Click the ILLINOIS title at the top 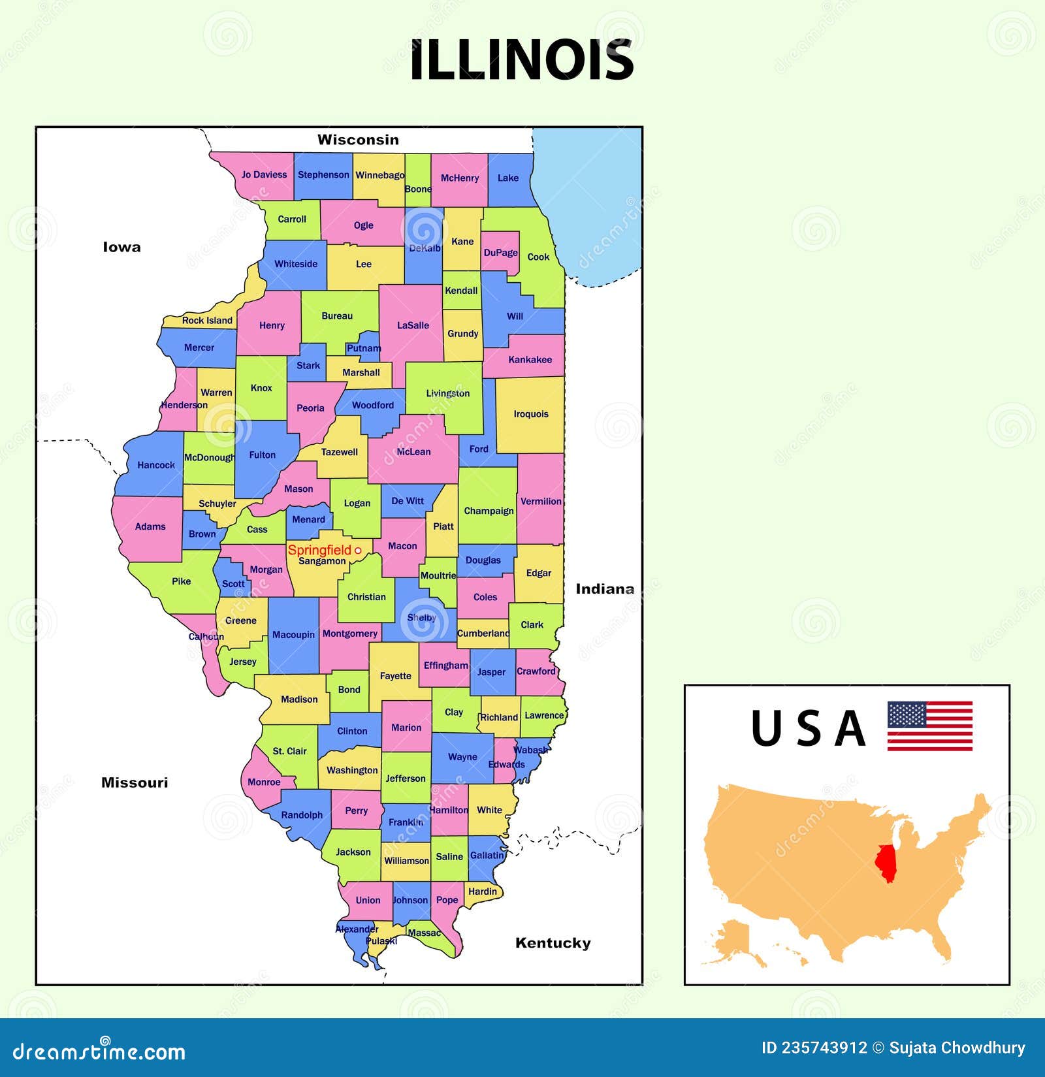(x=522, y=60)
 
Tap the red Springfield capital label (x=319, y=550)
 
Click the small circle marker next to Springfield (x=358, y=551)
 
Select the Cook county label (x=538, y=257)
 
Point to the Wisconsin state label (x=358, y=140)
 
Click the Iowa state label (x=121, y=247)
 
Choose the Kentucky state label (x=553, y=942)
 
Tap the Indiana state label (x=604, y=589)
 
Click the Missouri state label (x=135, y=782)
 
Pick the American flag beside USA (x=929, y=726)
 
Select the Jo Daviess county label (x=264, y=174)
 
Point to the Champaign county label (x=489, y=511)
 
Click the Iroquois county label (x=531, y=414)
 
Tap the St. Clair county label (x=289, y=751)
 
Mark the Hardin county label (x=483, y=891)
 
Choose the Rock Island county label (x=207, y=320)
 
